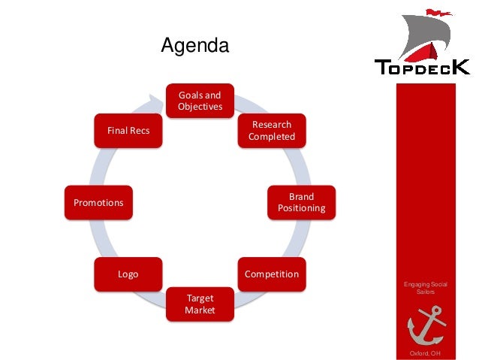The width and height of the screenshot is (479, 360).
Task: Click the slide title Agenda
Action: click(195, 47)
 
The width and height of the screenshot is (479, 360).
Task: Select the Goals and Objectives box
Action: click(200, 101)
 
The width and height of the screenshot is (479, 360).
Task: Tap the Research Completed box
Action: click(272, 131)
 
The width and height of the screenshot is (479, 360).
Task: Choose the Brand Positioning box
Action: click(301, 202)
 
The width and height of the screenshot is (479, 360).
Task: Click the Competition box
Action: click(271, 274)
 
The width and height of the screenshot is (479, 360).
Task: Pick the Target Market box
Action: click(200, 304)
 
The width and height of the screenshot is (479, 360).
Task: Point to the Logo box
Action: click(128, 274)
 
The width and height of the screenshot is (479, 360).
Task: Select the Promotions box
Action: click(98, 202)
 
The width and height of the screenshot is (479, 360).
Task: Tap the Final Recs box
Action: click(128, 131)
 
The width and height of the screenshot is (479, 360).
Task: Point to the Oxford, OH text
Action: click(426, 353)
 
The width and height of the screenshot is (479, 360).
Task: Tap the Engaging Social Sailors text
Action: click(426, 288)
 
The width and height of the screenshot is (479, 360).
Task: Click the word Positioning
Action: click(301, 208)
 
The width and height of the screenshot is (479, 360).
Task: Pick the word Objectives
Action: click(200, 107)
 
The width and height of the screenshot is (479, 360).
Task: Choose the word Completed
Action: click(272, 137)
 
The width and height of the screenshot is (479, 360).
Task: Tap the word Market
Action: click(200, 310)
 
